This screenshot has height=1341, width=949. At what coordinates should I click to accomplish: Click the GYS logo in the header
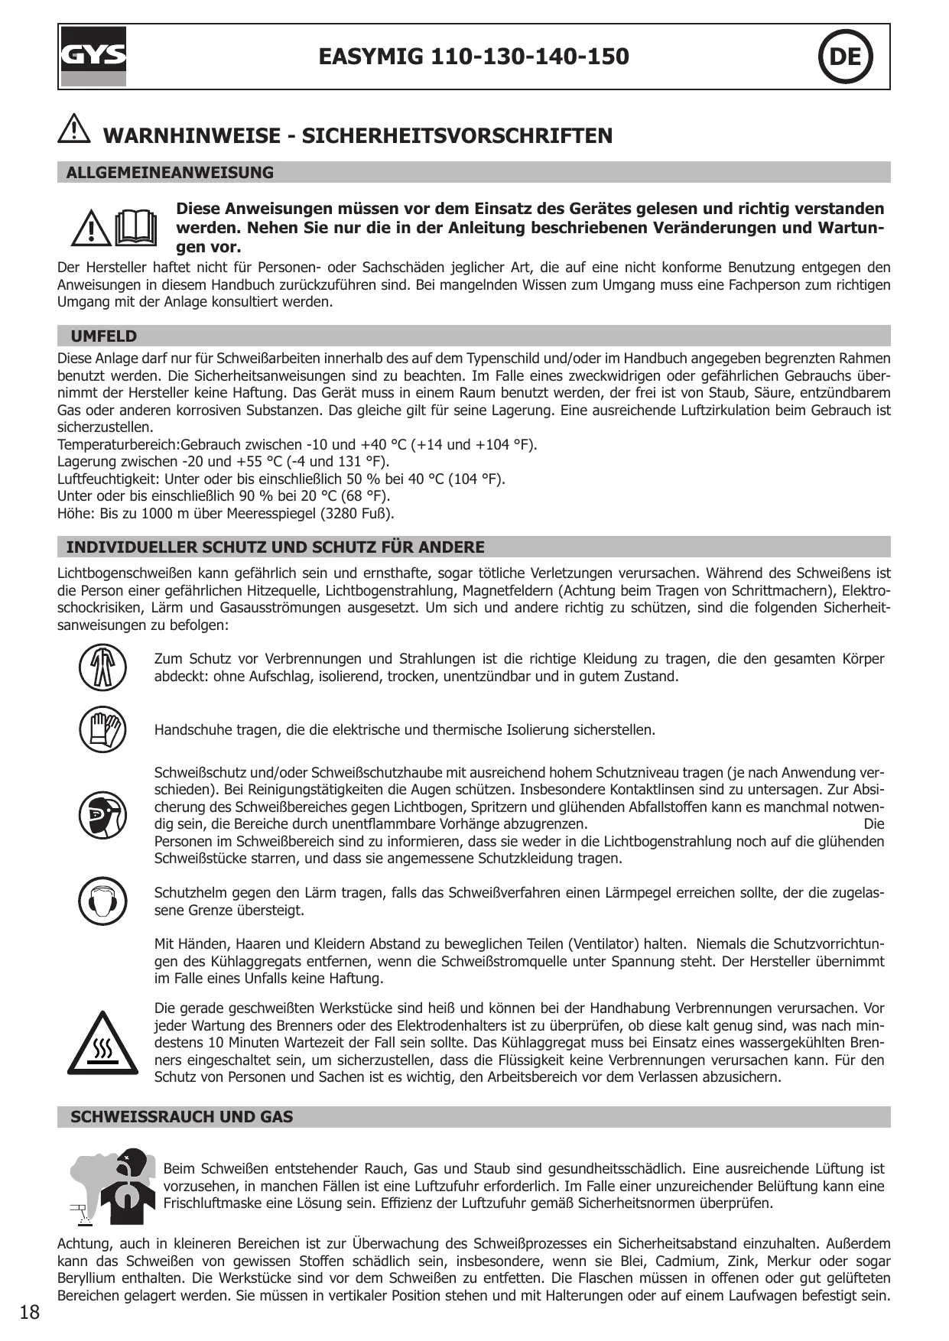[x=93, y=57]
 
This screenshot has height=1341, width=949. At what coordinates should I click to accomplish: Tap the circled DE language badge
[x=845, y=57]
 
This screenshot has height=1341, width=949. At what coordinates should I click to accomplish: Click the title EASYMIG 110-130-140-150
[x=473, y=57]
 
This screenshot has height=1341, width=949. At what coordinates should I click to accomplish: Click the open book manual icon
[x=135, y=227]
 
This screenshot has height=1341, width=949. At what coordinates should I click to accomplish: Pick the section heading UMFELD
[x=104, y=336]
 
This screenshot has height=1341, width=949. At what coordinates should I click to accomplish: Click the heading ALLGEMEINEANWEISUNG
[x=170, y=173]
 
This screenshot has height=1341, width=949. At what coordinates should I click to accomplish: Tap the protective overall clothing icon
[x=102, y=667]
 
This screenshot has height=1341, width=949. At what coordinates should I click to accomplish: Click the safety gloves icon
[x=102, y=729]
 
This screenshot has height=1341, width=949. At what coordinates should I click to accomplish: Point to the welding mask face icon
[x=102, y=815]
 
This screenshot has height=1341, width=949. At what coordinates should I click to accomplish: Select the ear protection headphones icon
[x=102, y=901]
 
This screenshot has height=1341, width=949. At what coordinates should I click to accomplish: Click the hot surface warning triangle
[x=102, y=1044]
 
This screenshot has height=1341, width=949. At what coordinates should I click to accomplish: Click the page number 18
[x=29, y=1313]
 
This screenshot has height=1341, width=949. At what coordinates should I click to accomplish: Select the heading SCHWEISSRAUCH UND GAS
[x=182, y=1117]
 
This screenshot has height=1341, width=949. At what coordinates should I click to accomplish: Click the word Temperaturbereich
[x=117, y=445]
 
